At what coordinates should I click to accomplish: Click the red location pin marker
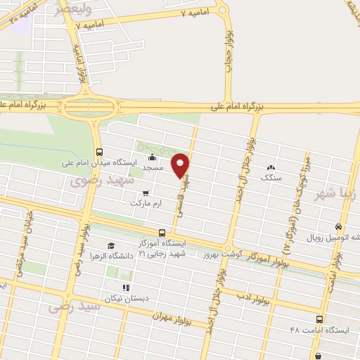[181, 166]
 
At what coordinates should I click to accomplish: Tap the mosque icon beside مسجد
[153, 158]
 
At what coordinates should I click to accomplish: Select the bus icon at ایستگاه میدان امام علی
[98, 151]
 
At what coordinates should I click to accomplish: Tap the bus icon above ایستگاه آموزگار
[162, 232]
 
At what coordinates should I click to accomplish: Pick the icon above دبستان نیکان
[125, 287]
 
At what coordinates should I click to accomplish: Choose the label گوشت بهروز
[210, 252]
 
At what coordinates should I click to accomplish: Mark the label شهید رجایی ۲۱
[162, 253]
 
